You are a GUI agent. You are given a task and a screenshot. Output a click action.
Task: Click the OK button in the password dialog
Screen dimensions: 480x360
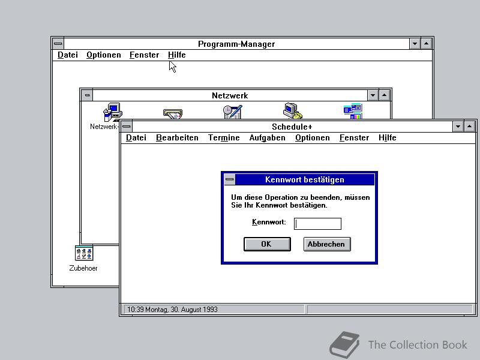(x=267, y=244)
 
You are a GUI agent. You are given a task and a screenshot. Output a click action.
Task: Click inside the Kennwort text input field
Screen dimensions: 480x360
(x=317, y=223)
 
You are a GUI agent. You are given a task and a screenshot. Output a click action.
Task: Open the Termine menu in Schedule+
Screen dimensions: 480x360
(x=224, y=138)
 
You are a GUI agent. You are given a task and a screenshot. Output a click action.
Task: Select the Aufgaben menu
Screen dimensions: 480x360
(x=267, y=138)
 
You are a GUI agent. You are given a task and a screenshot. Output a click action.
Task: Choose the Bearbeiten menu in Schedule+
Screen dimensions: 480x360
(x=177, y=138)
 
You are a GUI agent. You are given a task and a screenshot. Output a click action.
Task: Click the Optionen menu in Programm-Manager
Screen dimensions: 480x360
(x=103, y=55)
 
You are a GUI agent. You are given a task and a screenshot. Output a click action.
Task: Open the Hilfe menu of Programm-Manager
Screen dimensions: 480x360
(x=176, y=55)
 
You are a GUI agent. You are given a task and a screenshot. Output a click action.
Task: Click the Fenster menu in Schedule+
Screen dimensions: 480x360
(x=354, y=138)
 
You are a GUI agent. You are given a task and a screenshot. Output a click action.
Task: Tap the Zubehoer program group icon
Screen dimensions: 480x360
(x=83, y=253)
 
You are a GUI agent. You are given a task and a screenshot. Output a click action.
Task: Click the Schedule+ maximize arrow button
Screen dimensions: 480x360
(x=469, y=127)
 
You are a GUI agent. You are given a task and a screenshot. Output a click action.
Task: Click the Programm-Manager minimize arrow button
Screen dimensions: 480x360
(x=415, y=44)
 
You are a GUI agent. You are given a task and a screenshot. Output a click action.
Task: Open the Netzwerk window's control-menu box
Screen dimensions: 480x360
(x=87, y=95)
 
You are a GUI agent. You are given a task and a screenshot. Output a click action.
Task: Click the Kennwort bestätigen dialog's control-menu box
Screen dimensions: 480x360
(x=230, y=179)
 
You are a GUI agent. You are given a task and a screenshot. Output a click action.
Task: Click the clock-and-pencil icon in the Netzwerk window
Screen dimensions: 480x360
(x=233, y=112)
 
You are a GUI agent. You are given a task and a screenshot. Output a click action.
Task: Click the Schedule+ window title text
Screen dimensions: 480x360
(x=292, y=127)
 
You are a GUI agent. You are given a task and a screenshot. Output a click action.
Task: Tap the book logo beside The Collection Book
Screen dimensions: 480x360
(x=344, y=344)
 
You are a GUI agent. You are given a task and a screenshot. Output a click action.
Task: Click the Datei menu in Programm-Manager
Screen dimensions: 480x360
(x=68, y=55)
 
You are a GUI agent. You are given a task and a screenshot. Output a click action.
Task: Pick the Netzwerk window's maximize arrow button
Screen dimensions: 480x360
(x=385, y=95)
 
